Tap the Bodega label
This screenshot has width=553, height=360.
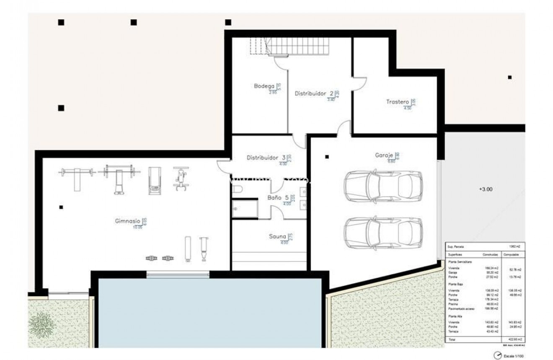pos(264,86)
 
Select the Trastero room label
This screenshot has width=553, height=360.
pos(397,102)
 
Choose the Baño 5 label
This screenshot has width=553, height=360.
pos(278,198)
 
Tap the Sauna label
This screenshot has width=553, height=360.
pos(277,236)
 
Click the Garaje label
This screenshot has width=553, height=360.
pos(384,155)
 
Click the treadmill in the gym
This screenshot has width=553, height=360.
pos(154,181)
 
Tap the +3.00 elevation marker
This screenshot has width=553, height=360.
pos(486,189)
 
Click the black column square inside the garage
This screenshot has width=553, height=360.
pos(327,157)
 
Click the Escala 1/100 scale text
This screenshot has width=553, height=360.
pos(514,356)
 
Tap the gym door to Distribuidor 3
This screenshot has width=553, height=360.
pos(224,166)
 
